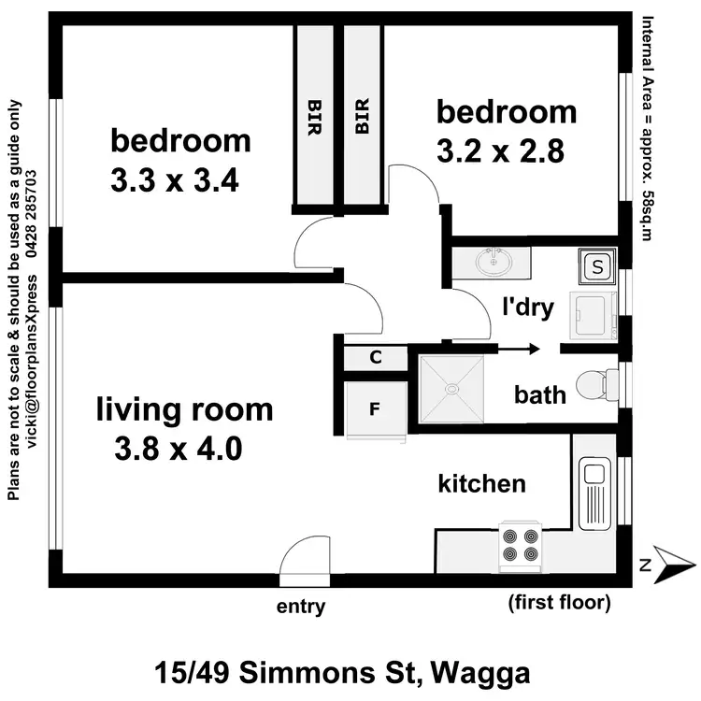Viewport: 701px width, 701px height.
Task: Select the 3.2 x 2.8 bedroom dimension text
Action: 500,151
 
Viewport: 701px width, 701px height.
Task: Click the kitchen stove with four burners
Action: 521,546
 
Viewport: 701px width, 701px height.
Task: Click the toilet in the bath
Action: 595,384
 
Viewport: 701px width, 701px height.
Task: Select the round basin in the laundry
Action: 492,264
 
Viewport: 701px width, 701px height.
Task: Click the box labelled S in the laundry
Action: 596,267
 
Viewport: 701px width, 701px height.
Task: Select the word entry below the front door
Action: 301,608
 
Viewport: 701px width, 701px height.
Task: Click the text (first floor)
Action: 559,603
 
